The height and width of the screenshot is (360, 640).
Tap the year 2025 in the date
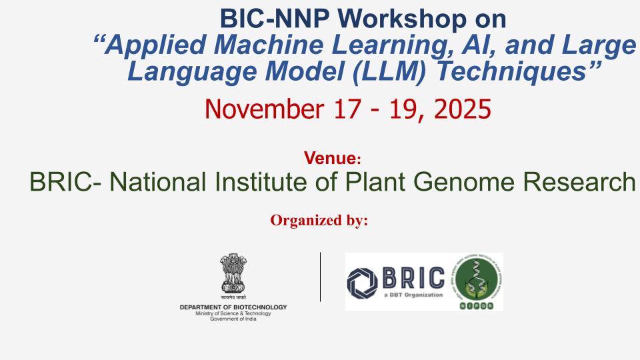coord(461,108)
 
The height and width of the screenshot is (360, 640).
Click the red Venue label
coord(331,159)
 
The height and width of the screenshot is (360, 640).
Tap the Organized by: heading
coord(319,221)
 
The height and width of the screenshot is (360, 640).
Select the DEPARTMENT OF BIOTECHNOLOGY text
coord(233,307)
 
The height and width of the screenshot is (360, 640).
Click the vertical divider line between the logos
coord(321,277)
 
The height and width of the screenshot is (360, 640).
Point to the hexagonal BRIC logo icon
coord(362,281)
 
